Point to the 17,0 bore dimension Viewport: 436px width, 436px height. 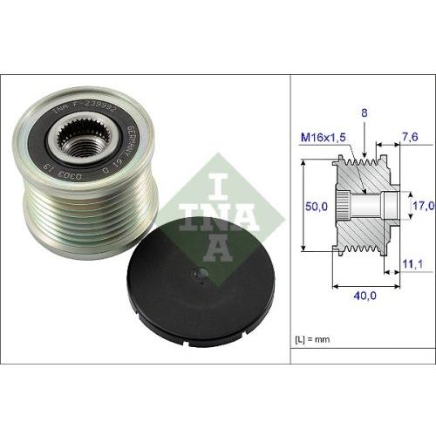tap(422, 206)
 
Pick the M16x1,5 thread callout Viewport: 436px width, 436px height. tap(324, 136)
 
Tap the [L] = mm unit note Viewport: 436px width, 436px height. tap(311, 336)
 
